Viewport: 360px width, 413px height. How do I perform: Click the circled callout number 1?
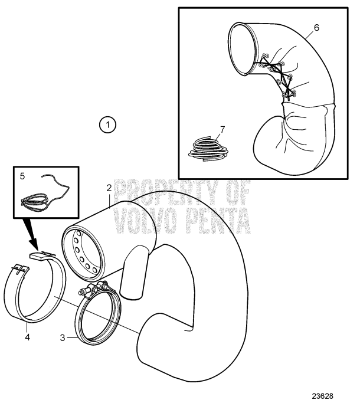click(x=107, y=124)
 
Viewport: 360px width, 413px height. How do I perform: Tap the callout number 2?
click(x=109, y=188)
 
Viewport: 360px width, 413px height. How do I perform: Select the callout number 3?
click(x=63, y=338)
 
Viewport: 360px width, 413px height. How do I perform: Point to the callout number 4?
click(x=27, y=337)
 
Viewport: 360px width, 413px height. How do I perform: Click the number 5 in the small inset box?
click(x=22, y=176)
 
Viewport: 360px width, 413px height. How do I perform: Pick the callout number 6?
click(x=316, y=27)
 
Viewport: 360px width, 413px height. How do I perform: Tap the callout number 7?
click(x=222, y=130)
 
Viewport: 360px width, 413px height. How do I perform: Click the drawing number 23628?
click(x=323, y=396)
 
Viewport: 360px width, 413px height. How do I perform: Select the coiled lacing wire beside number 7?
click(x=208, y=149)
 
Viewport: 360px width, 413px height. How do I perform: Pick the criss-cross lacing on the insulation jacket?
click(x=277, y=77)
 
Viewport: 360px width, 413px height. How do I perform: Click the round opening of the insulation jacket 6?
click(x=243, y=48)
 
